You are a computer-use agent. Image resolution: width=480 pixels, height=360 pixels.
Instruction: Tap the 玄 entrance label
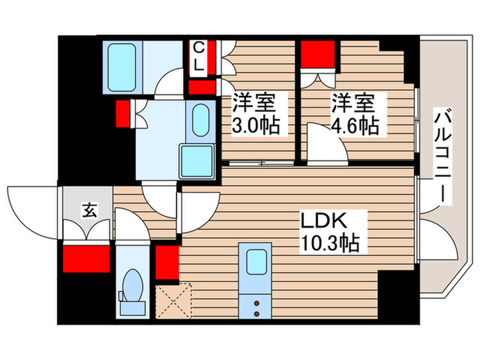coord(89,210)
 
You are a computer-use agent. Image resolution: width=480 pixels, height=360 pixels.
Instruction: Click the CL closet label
coord(198,58)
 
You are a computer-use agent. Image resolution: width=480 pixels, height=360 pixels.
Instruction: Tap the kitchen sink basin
coord(257,262)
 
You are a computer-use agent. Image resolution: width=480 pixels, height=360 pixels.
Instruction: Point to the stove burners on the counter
coord(256,307)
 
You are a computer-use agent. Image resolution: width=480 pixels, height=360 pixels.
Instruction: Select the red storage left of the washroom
coord(124,113)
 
